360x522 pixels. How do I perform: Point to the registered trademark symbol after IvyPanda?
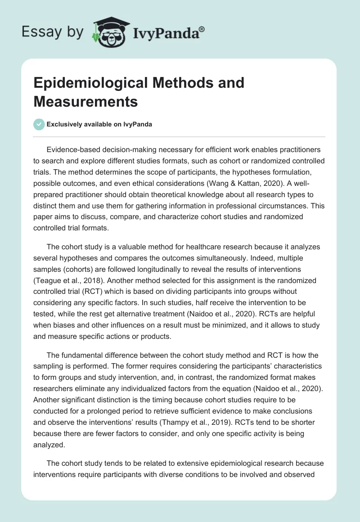(202, 29)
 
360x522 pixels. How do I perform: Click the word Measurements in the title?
(85, 101)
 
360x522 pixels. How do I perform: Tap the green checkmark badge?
(39, 124)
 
